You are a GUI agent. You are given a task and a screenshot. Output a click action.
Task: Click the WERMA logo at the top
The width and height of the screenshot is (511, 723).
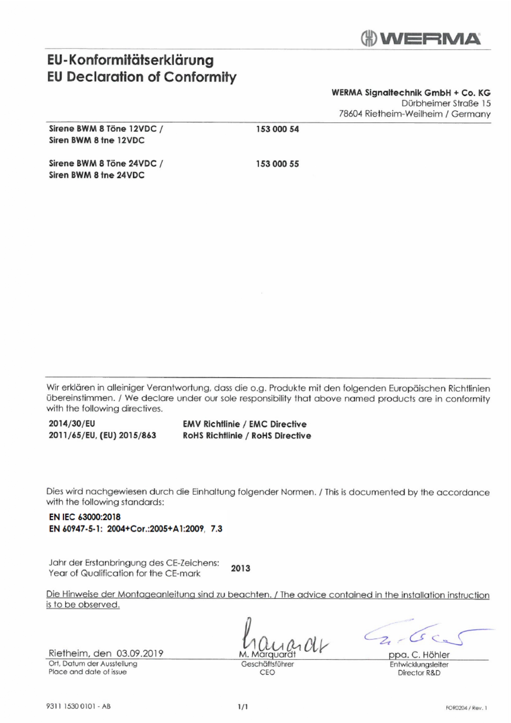420,38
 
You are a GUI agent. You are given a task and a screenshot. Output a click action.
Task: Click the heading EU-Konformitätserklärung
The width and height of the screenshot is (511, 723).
131,60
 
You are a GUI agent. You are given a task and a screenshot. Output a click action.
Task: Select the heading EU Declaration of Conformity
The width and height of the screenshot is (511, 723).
142,77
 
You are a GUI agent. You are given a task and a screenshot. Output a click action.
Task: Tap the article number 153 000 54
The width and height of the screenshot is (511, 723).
277,129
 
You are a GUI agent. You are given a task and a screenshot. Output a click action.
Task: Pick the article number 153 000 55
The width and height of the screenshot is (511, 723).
277,164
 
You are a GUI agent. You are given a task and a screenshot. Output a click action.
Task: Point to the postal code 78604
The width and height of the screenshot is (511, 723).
350,114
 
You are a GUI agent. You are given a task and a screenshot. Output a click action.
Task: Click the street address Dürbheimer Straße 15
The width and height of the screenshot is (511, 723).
446,103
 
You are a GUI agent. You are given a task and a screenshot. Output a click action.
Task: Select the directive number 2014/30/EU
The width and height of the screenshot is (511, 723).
72,424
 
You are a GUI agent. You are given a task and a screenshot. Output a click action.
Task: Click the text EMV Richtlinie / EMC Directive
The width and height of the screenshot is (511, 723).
245,424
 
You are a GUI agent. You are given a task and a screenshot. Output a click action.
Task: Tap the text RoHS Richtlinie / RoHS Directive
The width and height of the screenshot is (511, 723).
247,435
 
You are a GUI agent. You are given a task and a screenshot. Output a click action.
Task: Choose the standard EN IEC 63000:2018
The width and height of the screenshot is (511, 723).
84,517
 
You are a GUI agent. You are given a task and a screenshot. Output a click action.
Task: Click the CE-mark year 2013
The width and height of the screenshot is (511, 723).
240,568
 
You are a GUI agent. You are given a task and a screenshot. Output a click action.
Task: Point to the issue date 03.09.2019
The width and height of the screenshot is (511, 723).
140,653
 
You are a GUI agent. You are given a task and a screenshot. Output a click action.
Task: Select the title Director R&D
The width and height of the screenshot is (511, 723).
419,673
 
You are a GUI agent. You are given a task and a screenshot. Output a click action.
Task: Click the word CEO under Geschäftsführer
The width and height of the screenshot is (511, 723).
267,672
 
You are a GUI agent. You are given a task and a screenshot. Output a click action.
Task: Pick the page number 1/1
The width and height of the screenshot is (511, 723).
243,707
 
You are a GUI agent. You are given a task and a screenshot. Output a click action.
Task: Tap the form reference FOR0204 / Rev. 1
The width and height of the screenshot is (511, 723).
466,708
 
